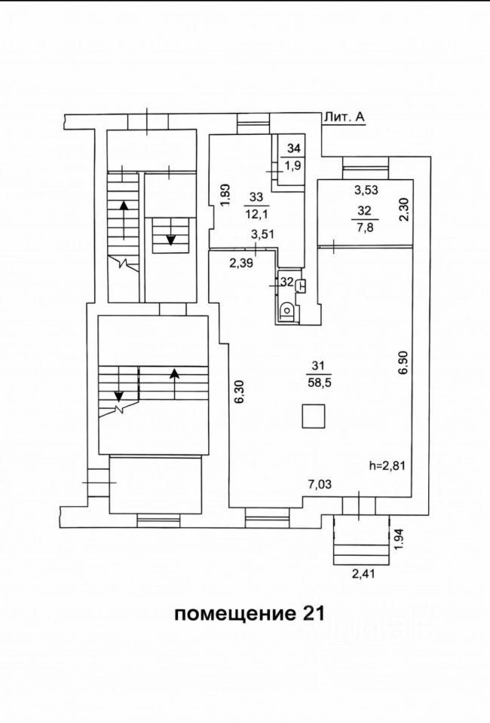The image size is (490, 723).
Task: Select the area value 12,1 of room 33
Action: coord(256,213)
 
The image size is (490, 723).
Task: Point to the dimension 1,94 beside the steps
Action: coord(399,538)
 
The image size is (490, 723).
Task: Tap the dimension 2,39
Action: coord(242,262)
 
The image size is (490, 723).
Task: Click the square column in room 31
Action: coord(313,415)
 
